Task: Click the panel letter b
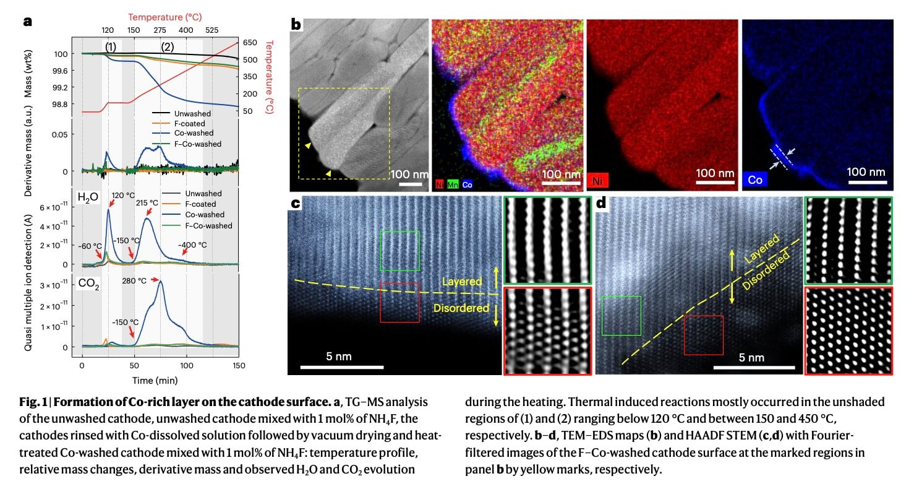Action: coord(296,25)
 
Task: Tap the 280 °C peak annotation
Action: coord(134,280)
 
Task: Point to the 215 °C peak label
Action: coord(144,202)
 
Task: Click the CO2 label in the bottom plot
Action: coord(88,285)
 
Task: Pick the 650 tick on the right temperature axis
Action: coord(250,43)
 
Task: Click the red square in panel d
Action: coord(703,335)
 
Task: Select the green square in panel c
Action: coord(399,251)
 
